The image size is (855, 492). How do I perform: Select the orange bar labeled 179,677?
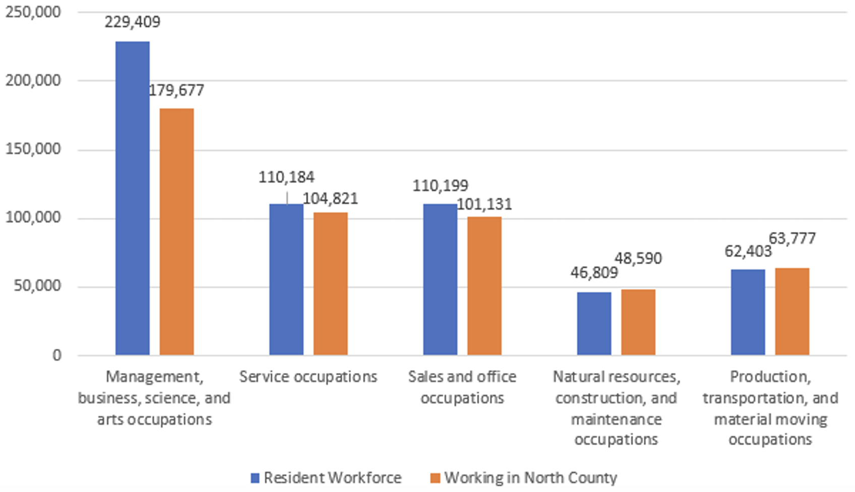pyautogui.click(x=176, y=231)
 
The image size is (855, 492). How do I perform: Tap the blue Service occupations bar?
pyautogui.click(x=286, y=279)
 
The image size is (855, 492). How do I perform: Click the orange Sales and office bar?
pyautogui.click(x=484, y=286)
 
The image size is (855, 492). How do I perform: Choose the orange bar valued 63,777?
pyautogui.click(x=792, y=311)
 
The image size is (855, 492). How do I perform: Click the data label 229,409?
pyautogui.click(x=133, y=22)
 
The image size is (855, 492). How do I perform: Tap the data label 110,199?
pyautogui.click(x=440, y=186)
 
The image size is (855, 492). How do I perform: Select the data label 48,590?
pyautogui.click(x=638, y=259)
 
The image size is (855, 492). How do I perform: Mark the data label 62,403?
pyautogui.click(x=748, y=251)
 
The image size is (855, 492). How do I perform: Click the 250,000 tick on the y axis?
pyautogui.click(x=33, y=12)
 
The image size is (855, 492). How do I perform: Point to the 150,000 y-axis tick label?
pyautogui.click(x=33, y=149)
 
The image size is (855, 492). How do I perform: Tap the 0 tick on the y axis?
pyautogui.click(x=56, y=355)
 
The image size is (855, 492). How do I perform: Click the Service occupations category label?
pyautogui.click(x=308, y=377)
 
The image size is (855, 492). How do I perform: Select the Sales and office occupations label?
pyautogui.click(x=462, y=387)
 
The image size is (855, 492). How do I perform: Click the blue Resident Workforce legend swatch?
pyautogui.click(x=255, y=478)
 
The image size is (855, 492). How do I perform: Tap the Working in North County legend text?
pyautogui.click(x=530, y=478)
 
